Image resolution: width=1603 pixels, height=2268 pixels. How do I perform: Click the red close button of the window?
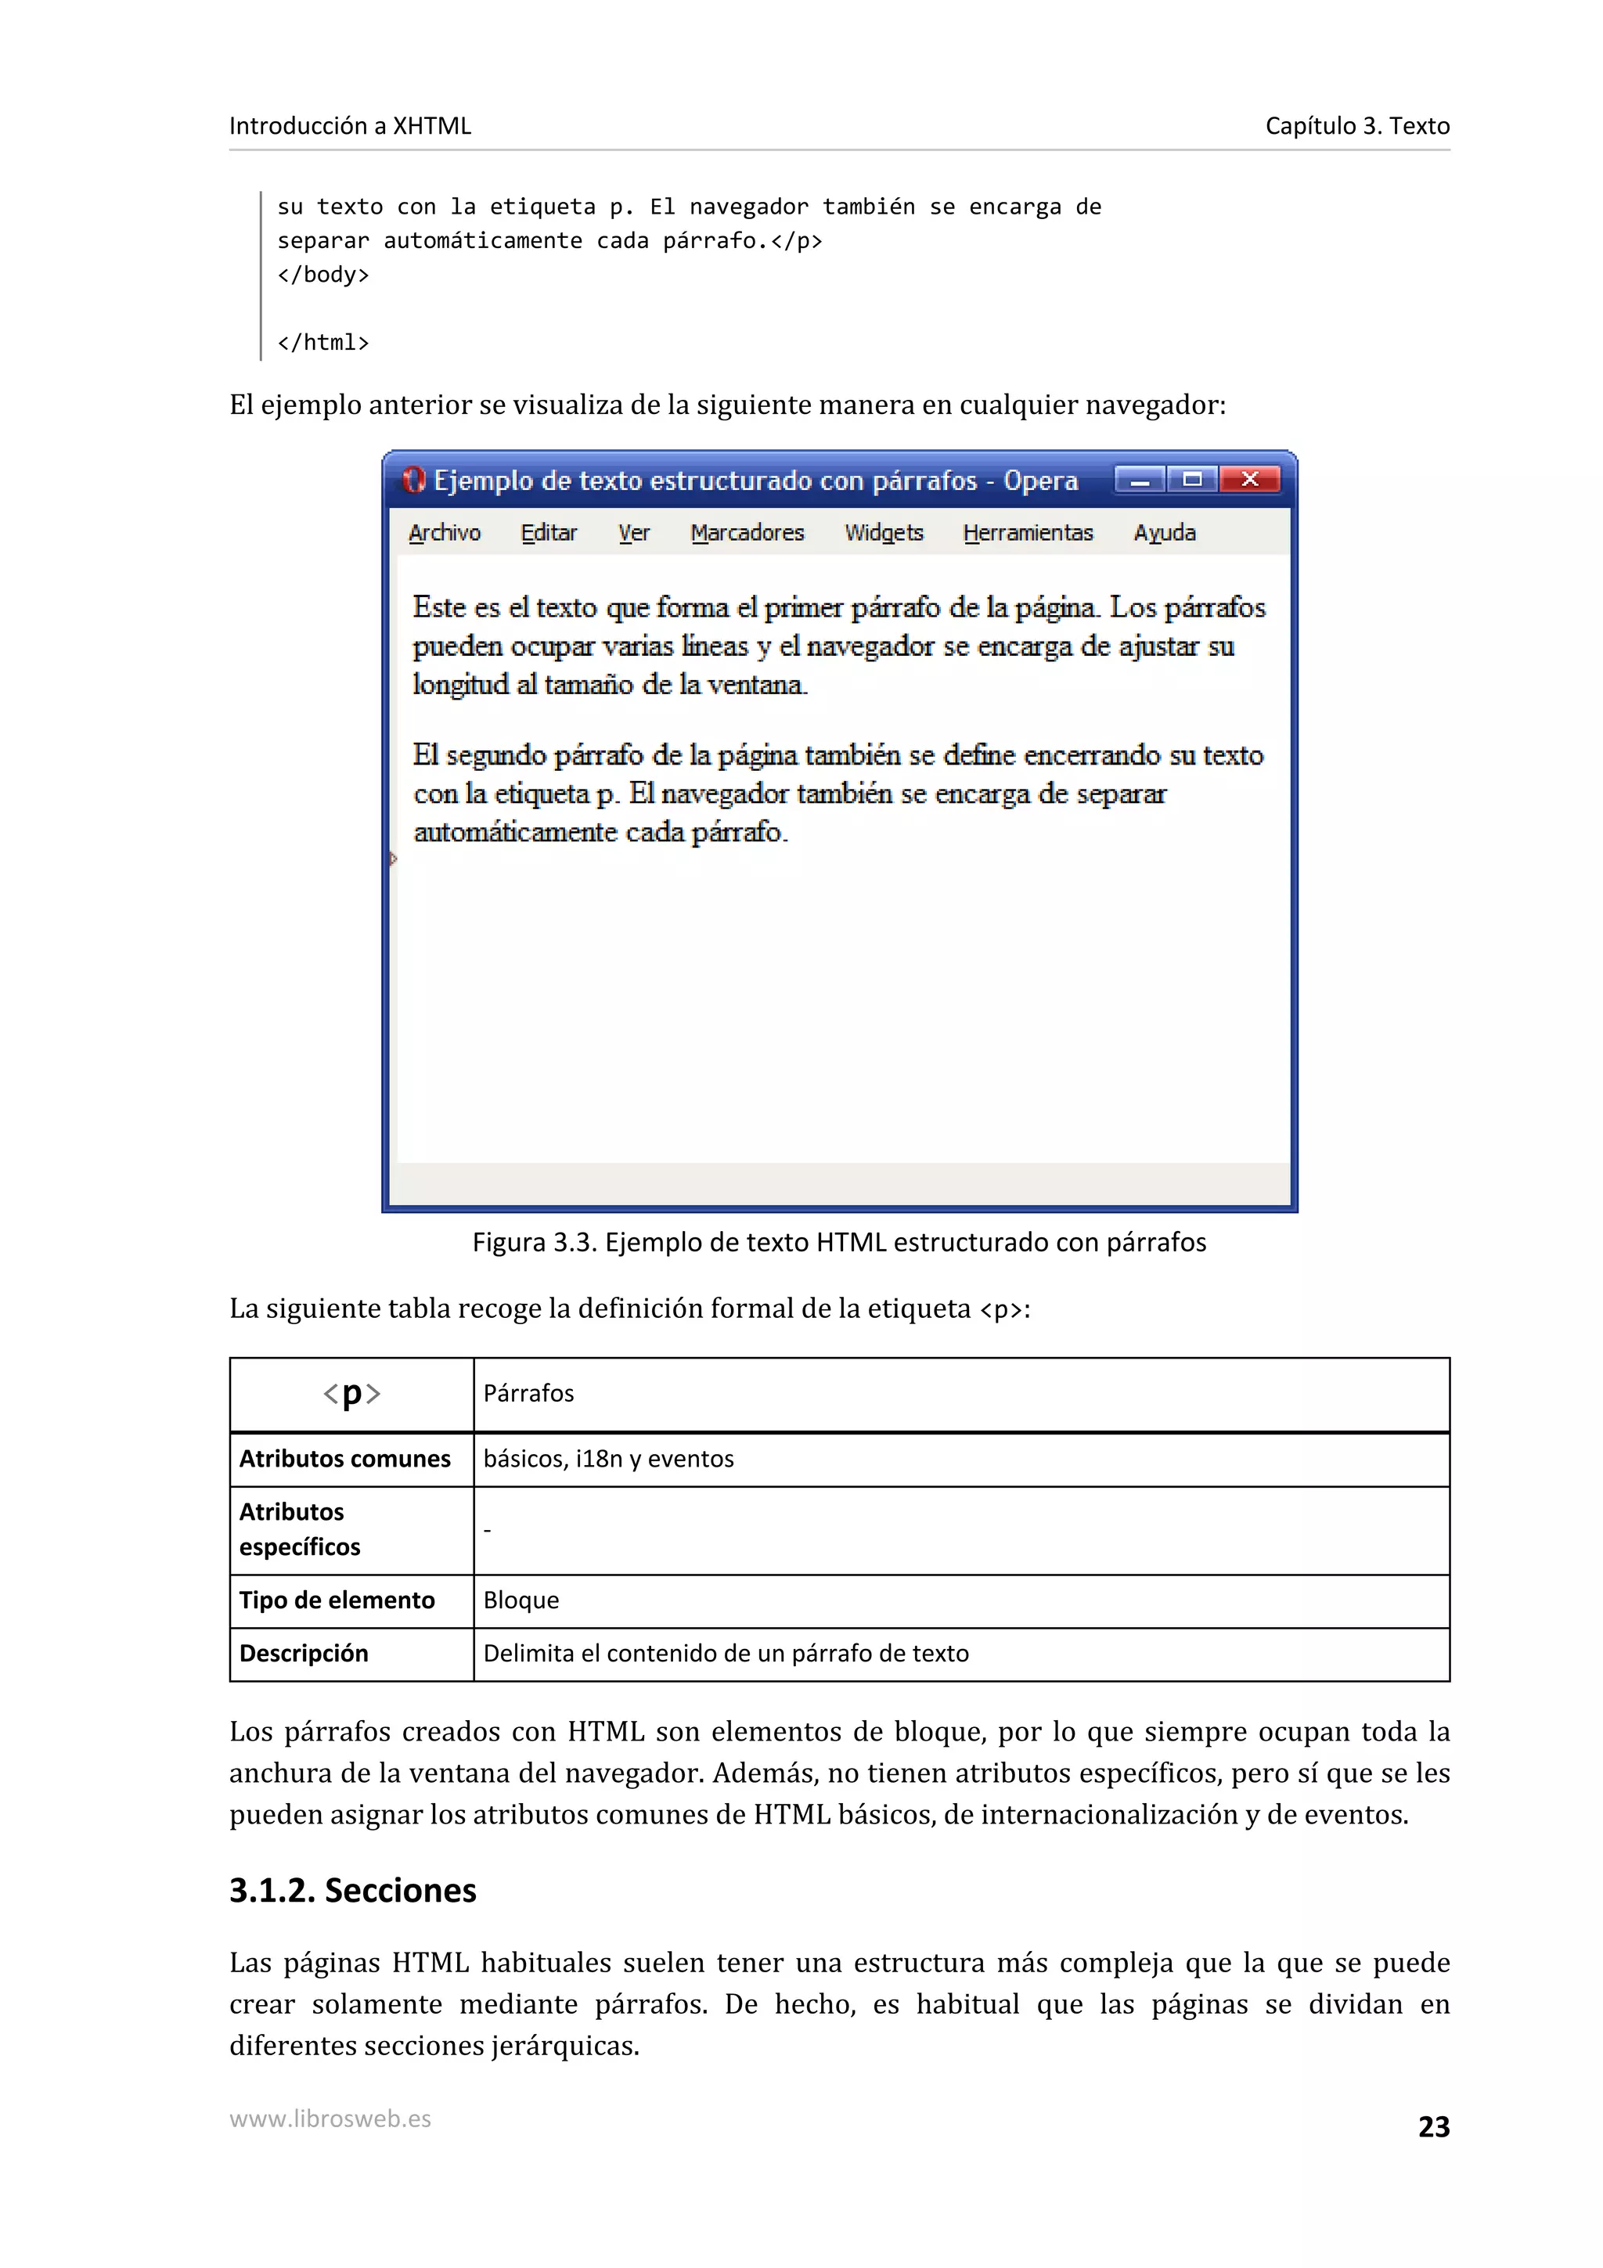pyautogui.click(x=1249, y=479)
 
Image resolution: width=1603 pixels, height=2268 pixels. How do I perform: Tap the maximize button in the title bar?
pyautogui.click(x=1192, y=479)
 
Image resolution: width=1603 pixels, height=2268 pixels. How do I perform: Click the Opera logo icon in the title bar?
pyautogui.click(x=414, y=480)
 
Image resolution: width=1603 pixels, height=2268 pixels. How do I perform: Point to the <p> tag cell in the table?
pyautogui.click(x=351, y=1394)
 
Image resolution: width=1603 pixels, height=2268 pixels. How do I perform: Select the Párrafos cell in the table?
pyautogui.click(x=528, y=1394)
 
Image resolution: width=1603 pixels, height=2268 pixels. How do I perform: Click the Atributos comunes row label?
pyautogui.click(x=344, y=1459)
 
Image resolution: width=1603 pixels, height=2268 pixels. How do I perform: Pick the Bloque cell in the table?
pyautogui.click(x=521, y=1600)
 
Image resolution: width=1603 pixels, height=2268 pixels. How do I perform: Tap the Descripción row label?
pyautogui.click(x=303, y=1654)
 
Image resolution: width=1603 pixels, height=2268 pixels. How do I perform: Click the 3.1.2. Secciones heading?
pyautogui.click(x=352, y=1890)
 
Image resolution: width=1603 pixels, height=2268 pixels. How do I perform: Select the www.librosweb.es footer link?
pyautogui.click(x=330, y=2118)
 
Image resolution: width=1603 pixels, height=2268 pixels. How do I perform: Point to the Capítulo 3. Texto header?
pyautogui.click(x=1357, y=127)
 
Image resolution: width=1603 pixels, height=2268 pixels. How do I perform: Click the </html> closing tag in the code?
pyautogui.click(x=323, y=343)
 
